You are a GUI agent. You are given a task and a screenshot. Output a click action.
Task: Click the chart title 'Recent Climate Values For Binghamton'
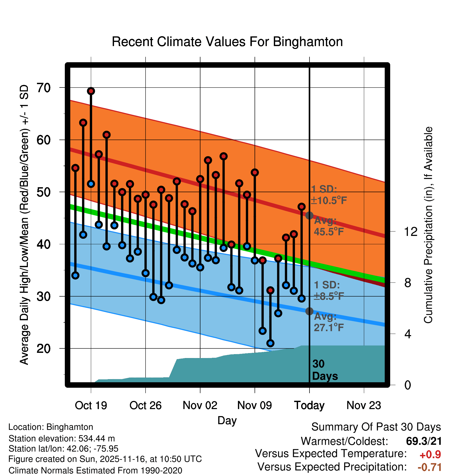227,42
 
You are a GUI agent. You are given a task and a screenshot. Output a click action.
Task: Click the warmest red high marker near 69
91,91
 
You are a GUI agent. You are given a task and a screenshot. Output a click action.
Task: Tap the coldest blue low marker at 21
270,343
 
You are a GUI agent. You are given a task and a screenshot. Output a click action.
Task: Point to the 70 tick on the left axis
44,88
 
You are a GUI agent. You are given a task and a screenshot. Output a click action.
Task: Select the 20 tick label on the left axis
44,348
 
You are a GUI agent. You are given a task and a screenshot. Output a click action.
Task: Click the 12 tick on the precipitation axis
410,231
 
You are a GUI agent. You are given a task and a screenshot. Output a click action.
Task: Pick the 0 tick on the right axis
408,385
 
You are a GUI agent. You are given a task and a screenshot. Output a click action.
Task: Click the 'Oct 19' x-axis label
91,405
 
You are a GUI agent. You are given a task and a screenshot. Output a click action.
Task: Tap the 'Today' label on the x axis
309,405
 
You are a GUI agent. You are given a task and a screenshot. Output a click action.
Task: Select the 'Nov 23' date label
364,405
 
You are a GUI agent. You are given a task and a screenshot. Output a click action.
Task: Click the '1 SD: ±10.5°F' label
329,195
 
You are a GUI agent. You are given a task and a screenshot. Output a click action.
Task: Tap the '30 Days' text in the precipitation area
325,370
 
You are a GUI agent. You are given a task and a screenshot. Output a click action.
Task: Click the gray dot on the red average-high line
309,216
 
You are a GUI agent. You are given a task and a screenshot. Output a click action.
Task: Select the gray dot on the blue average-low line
309,311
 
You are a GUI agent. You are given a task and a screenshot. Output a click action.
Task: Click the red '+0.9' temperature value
430,455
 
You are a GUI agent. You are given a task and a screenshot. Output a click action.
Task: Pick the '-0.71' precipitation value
429,467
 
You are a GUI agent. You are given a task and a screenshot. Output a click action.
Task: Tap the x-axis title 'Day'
227,420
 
